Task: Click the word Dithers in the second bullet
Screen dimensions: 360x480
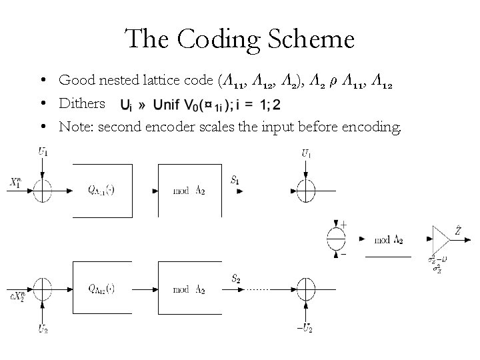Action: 82,103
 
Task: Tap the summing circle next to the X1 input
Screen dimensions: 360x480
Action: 41,190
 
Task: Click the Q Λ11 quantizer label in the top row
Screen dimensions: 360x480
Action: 101,190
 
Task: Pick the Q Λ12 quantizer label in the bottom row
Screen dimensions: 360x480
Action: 101,289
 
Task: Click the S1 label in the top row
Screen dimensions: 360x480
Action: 235,180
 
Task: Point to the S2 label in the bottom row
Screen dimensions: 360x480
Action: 235,279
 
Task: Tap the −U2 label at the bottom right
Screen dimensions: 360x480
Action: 303,326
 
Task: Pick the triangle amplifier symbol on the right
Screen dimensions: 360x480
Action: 442,238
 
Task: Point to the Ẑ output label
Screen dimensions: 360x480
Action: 458,230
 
